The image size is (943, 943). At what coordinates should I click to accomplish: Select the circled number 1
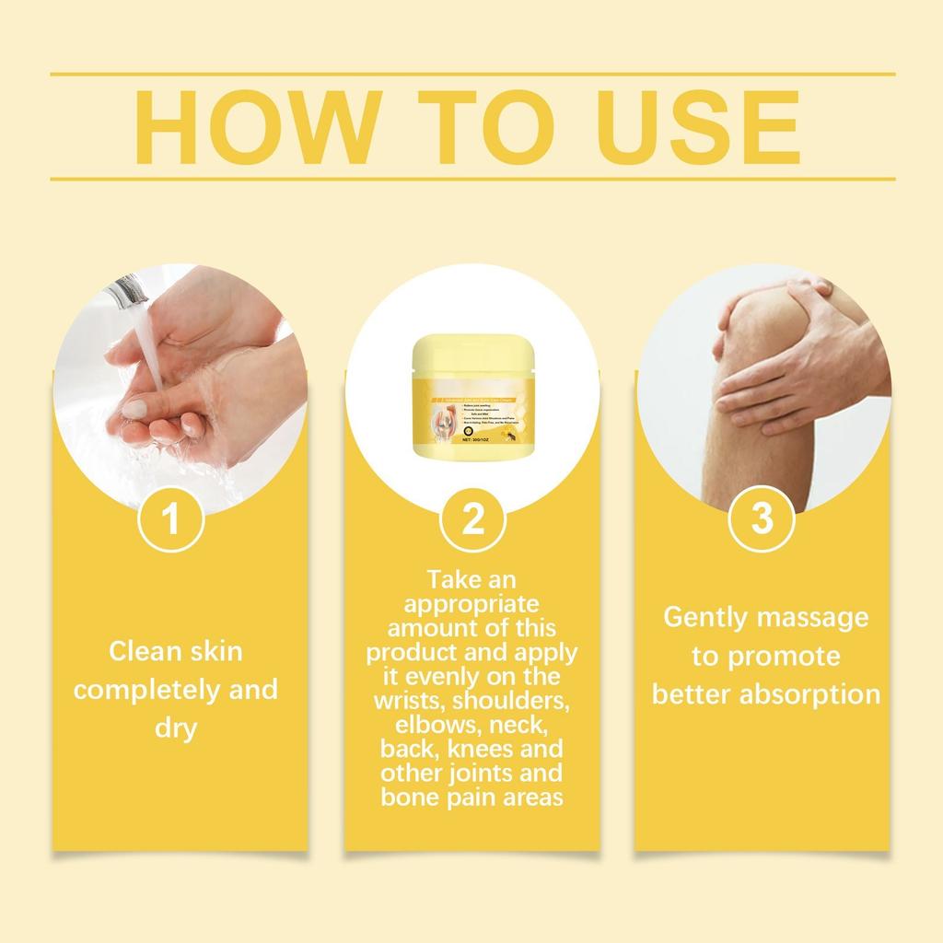(170, 520)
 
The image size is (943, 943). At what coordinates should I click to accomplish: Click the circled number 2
(472, 520)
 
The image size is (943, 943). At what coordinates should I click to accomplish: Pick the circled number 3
(762, 520)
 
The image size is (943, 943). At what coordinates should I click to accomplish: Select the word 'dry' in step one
(175, 729)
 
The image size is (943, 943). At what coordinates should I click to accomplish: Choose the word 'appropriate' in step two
(471, 604)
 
